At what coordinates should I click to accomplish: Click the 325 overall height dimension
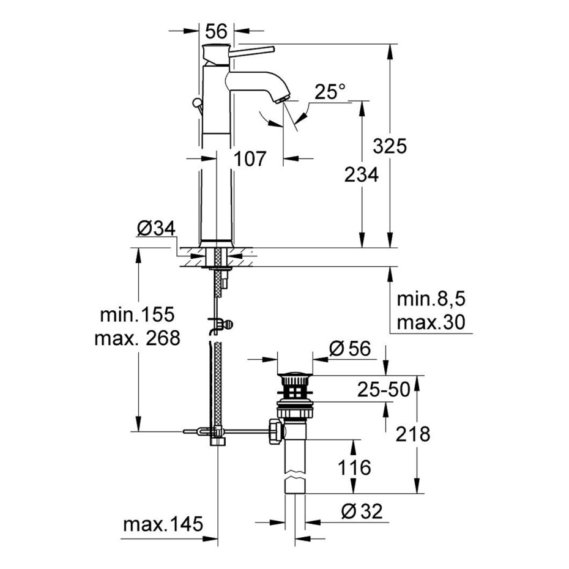tap(390, 146)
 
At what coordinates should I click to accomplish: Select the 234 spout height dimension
tap(362, 174)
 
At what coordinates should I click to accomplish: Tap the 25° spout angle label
tap(330, 91)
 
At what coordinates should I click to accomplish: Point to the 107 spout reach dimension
tap(250, 158)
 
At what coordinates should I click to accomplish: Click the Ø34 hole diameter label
tap(157, 229)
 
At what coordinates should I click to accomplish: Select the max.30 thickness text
tap(431, 322)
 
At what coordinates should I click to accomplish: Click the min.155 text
tap(137, 314)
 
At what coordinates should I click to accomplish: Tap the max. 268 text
tap(137, 338)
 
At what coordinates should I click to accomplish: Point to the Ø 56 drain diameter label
tap(350, 349)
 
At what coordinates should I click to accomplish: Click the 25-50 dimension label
tap(384, 389)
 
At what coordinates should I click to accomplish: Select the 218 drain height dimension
tap(413, 434)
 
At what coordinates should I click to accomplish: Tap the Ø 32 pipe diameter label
tap(362, 511)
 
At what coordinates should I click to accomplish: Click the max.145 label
tap(163, 524)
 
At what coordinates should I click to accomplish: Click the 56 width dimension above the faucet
tap(216, 31)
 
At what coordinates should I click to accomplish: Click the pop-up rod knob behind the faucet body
tap(197, 103)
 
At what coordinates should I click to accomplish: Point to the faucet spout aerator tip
tap(282, 99)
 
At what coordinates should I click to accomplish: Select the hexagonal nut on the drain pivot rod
tap(275, 431)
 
